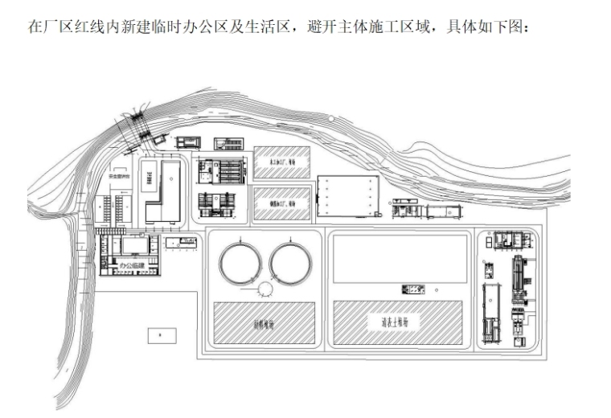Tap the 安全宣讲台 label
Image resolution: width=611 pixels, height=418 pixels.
[x=117, y=174]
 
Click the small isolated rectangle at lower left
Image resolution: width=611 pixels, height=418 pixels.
[x=162, y=335]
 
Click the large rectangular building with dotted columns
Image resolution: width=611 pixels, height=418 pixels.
[x=348, y=196]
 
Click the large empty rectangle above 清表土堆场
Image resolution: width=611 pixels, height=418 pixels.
[x=400, y=257]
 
